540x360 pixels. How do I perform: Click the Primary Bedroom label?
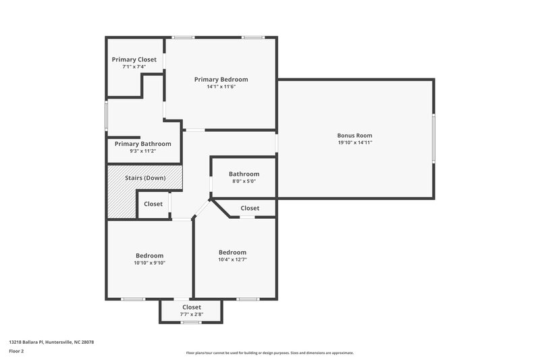pyautogui.click(x=221, y=80)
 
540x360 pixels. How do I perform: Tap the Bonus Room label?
pyautogui.click(x=354, y=135)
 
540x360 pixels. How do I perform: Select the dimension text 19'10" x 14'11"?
pyautogui.click(x=354, y=143)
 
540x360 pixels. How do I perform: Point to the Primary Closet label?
pyautogui.click(x=134, y=59)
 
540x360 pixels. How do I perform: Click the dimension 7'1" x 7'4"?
pyautogui.click(x=134, y=67)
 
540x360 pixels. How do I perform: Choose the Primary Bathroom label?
pyautogui.click(x=142, y=144)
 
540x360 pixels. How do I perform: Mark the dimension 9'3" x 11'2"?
pyautogui.click(x=142, y=151)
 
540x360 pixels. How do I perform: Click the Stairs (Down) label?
pyautogui.click(x=145, y=178)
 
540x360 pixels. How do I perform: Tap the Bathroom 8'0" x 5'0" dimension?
pyautogui.click(x=244, y=181)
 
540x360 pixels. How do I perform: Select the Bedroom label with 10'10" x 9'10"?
pyautogui.click(x=149, y=255)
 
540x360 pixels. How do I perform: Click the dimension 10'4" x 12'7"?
pyautogui.click(x=232, y=260)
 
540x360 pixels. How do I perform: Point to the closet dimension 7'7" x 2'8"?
pyautogui.click(x=191, y=314)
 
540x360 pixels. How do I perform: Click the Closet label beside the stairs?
pyautogui.click(x=153, y=204)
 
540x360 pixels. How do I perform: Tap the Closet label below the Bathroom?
pyautogui.click(x=250, y=208)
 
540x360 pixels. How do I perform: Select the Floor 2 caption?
pyautogui.click(x=17, y=352)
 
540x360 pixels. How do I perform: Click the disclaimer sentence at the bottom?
pyautogui.click(x=269, y=353)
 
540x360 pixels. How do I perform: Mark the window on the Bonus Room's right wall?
pyautogui.click(x=433, y=138)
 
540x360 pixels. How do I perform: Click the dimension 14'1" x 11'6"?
pyautogui.click(x=221, y=87)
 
